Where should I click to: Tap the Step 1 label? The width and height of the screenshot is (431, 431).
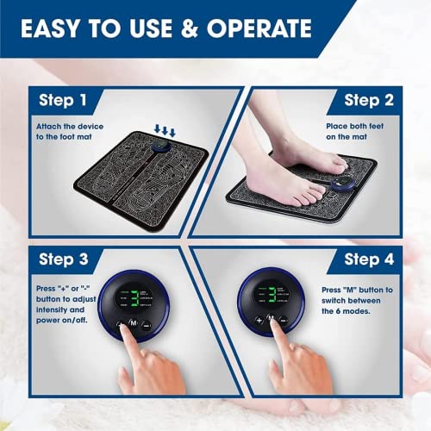[62, 101]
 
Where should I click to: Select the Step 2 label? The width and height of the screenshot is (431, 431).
[369, 101]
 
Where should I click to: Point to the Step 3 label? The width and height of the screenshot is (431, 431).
[62, 259]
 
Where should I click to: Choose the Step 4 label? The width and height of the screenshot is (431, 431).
[369, 259]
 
